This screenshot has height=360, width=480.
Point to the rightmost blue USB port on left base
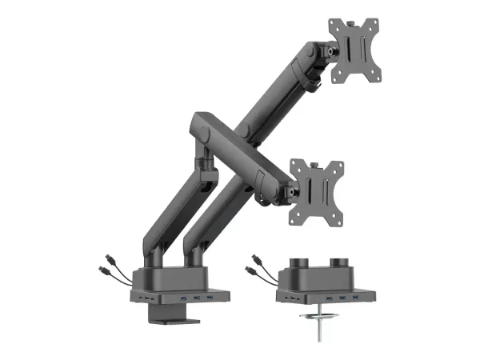point(210,298)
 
